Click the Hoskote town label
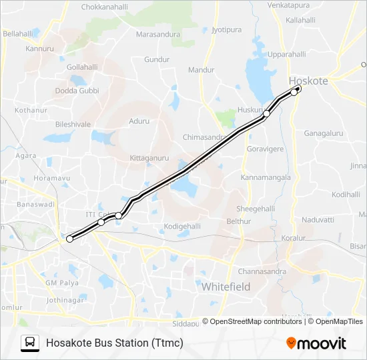point(308,81)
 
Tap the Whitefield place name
point(226,286)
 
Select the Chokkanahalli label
point(104,7)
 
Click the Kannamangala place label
point(266,177)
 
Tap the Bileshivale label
point(73,124)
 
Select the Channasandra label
point(262,271)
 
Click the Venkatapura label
point(288,5)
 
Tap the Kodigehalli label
point(182,226)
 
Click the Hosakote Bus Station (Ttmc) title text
point(114,343)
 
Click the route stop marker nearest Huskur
point(266,114)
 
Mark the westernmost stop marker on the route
point(69,238)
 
